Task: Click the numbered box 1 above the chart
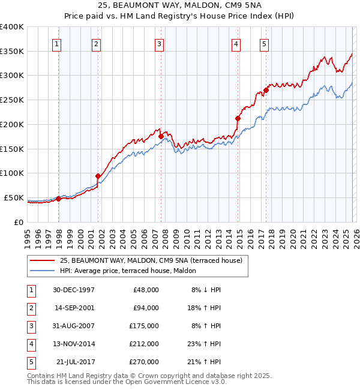coord(56,43)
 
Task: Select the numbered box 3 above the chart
coord(159,43)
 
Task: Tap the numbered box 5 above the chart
coord(264,43)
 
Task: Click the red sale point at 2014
coord(238,119)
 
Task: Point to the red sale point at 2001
coord(98,176)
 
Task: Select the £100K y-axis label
coord(12,173)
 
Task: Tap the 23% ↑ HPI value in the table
coord(205,344)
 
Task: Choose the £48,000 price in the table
coord(145,290)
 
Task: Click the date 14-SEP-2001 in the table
coord(73,308)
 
